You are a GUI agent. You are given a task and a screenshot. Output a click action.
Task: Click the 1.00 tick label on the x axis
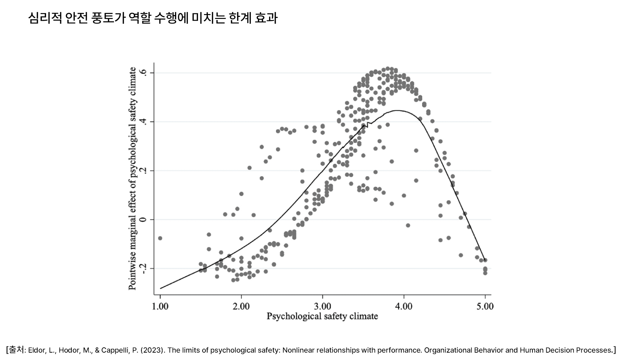160,306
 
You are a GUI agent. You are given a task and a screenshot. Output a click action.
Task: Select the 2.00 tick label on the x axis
241,306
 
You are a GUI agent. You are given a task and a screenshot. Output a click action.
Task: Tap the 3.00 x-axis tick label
323,306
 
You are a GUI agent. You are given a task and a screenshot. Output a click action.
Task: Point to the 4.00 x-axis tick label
404,306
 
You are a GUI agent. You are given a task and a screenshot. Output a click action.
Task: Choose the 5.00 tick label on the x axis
485,306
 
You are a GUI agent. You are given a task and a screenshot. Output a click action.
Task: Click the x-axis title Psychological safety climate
322,316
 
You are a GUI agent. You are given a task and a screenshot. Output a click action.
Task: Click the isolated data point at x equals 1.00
160,238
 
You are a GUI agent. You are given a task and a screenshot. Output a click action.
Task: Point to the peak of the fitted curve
397,110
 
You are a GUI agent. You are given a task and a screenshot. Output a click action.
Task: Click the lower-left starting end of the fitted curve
161,288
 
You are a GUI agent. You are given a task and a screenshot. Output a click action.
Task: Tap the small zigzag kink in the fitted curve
368,124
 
